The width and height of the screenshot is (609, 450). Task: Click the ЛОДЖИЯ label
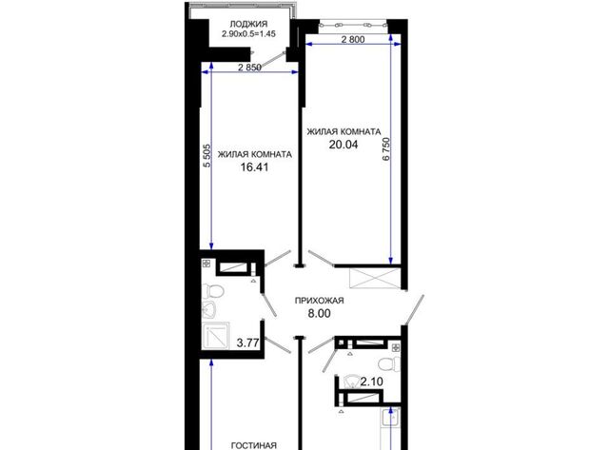248,24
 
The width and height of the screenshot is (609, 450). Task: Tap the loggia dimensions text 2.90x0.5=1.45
248,34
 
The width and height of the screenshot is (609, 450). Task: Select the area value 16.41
254,167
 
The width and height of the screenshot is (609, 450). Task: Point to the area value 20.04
344,145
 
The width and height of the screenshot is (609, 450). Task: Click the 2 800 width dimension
353,39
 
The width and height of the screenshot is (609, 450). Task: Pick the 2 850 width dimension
249,68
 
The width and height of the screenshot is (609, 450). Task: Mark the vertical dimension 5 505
207,156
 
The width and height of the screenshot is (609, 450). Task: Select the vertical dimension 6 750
385,148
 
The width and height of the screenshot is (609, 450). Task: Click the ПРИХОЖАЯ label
320,301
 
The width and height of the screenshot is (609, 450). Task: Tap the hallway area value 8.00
320,313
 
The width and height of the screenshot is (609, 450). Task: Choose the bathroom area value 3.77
247,342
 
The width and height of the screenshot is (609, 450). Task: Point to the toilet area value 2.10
372,382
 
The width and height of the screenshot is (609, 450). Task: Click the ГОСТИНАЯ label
254,446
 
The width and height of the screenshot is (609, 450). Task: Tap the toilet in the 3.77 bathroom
213,290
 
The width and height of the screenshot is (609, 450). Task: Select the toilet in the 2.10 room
389,363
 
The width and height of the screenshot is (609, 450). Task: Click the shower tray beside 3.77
216,337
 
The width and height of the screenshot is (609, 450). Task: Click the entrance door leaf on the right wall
414,310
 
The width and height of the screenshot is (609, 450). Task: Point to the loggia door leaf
272,61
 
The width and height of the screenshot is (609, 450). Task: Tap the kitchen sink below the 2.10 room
390,418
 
